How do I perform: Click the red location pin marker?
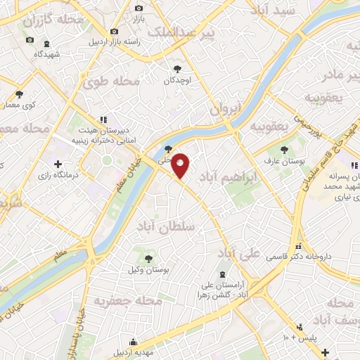(181, 166)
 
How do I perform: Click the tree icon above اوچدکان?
(177, 69)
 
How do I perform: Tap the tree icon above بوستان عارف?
(284, 150)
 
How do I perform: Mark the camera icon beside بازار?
(138, 8)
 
